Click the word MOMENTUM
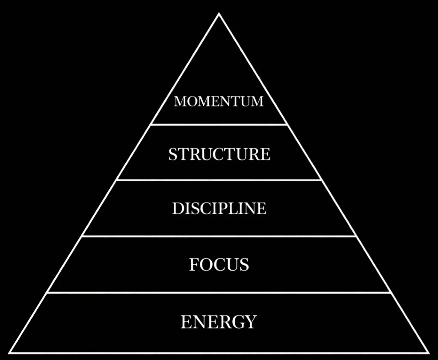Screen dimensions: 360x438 (219, 101)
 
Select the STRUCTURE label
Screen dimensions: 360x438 (219, 154)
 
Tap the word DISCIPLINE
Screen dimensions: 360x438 (219, 208)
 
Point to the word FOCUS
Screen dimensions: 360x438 (219, 265)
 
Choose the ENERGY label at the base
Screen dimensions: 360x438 (219, 322)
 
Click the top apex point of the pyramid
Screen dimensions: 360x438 (219, 14)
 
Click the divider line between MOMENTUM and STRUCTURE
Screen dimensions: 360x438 (219, 124)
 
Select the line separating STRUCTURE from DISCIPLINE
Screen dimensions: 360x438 (219, 180)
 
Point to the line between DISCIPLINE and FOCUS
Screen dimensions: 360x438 (219, 236)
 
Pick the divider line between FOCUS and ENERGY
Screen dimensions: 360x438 (219, 293)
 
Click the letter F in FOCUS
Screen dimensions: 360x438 (194, 265)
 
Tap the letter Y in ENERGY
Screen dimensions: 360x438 (250, 322)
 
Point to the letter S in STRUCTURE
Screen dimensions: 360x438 (173, 154)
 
